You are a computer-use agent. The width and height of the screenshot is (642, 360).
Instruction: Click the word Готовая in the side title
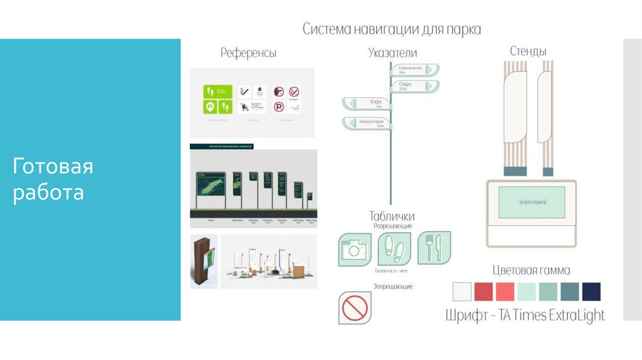(53, 167)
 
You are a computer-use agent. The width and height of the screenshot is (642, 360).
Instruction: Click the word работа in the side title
(48, 193)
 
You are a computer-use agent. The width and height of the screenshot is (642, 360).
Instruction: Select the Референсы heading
(248, 53)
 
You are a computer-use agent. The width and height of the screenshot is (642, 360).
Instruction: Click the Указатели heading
(392, 53)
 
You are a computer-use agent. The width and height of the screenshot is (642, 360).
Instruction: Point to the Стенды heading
(527, 51)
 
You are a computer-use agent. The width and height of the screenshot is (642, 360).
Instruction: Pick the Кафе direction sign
(366, 103)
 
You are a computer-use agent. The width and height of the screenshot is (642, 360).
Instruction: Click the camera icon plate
(354, 249)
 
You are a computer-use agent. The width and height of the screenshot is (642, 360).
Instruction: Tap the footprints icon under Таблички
(393, 249)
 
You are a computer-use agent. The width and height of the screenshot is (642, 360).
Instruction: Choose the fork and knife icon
(433, 247)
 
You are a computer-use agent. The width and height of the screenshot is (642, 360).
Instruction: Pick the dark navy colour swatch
(591, 292)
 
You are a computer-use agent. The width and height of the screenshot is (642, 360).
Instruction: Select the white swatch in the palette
(461, 292)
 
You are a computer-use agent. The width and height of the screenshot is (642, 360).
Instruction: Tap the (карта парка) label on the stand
(533, 203)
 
